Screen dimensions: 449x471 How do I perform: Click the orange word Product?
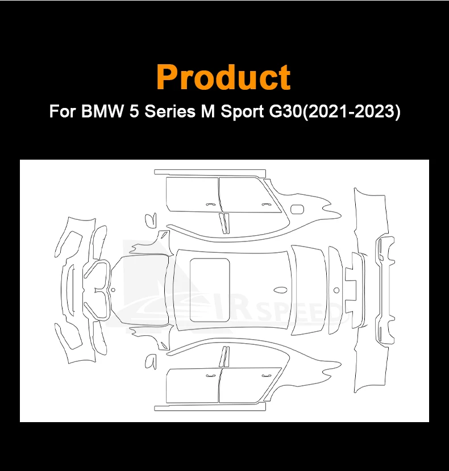click(x=223, y=77)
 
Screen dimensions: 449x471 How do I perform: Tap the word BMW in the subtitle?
click(x=102, y=111)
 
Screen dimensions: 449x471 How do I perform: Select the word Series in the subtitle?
click(x=170, y=111)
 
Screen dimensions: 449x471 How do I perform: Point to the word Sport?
click(x=243, y=112)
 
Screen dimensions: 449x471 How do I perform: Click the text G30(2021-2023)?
click(x=335, y=112)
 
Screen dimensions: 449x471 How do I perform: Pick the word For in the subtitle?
click(x=62, y=111)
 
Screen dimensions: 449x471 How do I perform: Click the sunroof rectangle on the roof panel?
click(x=210, y=290)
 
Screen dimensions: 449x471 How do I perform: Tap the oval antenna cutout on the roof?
click(x=280, y=290)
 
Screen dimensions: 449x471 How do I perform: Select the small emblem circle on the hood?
click(x=113, y=290)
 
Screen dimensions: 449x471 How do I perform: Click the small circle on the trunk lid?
click(x=336, y=290)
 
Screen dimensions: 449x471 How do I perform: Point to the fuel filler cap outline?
click(x=297, y=210)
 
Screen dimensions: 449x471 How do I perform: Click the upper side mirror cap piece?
click(x=151, y=220)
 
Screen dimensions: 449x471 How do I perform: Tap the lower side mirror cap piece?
click(x=151, y=361)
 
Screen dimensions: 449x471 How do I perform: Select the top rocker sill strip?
click(x=210, y=172)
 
